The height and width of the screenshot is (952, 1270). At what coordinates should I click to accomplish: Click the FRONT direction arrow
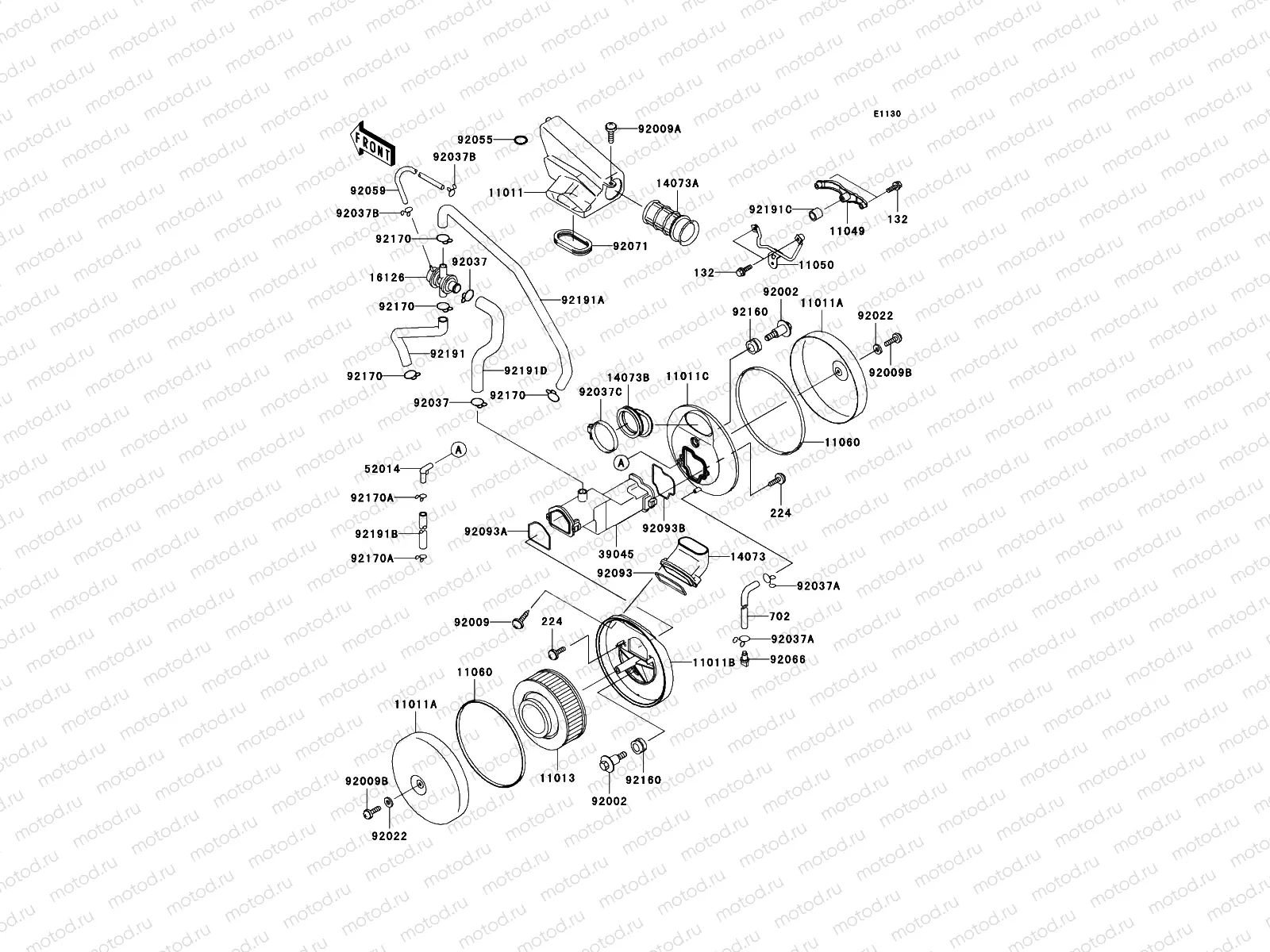coord(372,144)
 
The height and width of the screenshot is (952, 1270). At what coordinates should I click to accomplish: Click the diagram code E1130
coord(887,114)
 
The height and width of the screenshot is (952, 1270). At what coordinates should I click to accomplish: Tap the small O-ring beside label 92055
coord(520,140)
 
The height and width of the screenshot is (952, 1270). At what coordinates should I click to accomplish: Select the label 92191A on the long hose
coord(583,300)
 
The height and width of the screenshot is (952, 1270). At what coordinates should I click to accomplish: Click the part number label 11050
coord(816,265)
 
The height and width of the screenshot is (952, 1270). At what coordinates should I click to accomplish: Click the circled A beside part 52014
coord(458,449)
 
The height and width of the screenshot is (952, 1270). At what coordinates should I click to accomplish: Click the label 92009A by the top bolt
coord(658,128)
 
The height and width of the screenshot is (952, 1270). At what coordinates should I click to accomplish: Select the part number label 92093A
coord(486,532)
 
